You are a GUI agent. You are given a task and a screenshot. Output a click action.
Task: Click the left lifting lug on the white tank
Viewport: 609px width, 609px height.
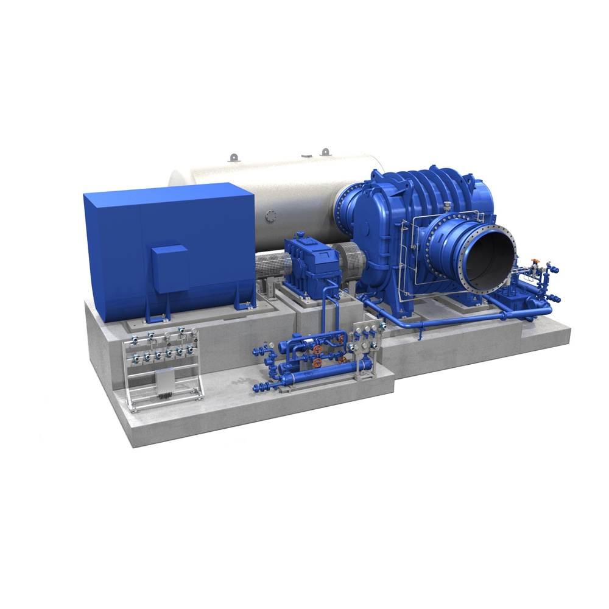click(x=232, y=158)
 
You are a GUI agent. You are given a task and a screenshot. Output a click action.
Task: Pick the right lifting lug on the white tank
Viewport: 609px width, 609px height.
click(x=325, y=150)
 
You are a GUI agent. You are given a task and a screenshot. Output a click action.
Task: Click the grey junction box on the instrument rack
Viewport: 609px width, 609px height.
click(x=164, y=381)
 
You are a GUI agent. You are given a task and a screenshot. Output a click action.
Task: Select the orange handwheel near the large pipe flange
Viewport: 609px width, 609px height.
click(x=535, y=261)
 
